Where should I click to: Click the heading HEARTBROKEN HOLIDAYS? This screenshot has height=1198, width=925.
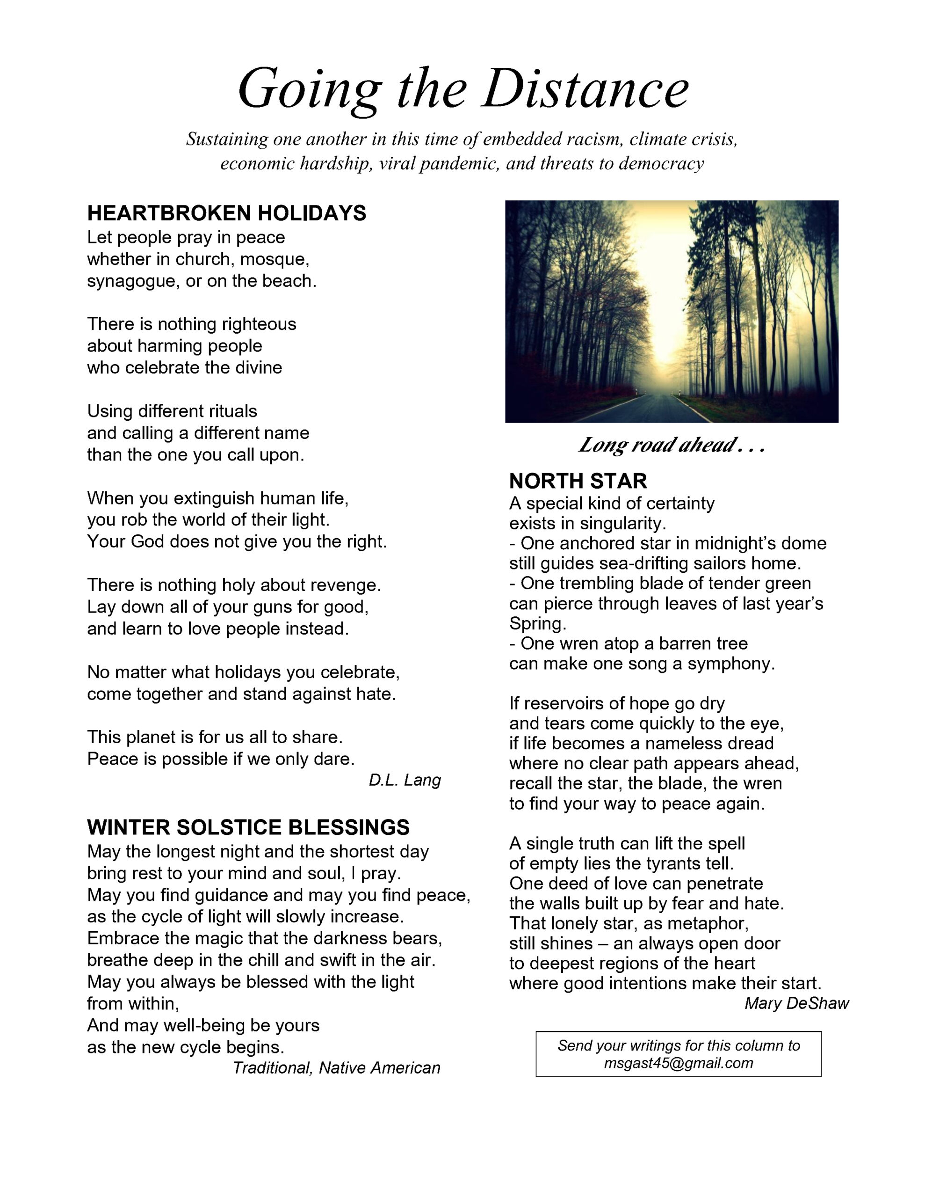point(226,213)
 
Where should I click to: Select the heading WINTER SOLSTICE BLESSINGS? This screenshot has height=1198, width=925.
point(248,826)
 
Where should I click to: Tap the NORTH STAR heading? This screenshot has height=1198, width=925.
point(578,481)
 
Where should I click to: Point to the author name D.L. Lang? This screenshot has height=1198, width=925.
point(405,780)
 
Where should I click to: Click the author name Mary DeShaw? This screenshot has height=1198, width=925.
point(796,1003)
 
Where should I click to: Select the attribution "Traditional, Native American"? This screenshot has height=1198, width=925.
point(337,1067)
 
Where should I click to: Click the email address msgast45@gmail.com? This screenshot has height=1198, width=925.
point(678,1063)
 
